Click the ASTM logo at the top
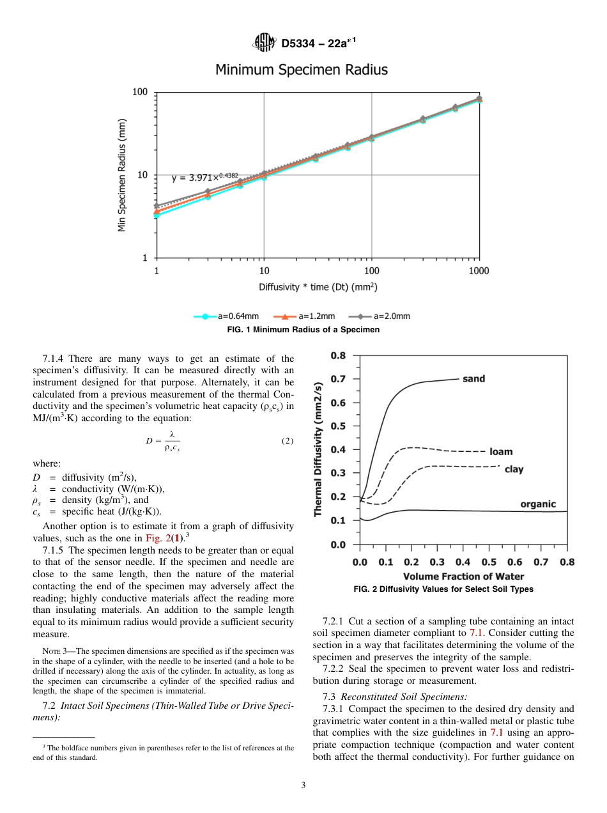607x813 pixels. point(264,43)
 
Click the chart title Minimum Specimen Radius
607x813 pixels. point(301,70)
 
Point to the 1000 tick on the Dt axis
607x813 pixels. point(479,271)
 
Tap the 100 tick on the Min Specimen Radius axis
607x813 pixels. point(140,93)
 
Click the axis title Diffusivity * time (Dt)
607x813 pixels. point(318,287)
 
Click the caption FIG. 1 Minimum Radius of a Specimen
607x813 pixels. point(303,330)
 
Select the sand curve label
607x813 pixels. point(473,379)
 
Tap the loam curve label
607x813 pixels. point(501,451)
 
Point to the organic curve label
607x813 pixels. point(538,504)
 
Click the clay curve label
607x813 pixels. point(514,469)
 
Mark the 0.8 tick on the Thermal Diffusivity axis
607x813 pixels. point(337,355)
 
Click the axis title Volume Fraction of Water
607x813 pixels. point(463,577)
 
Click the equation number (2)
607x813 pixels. point(287,441)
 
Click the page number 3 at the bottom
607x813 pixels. point(303,786)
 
